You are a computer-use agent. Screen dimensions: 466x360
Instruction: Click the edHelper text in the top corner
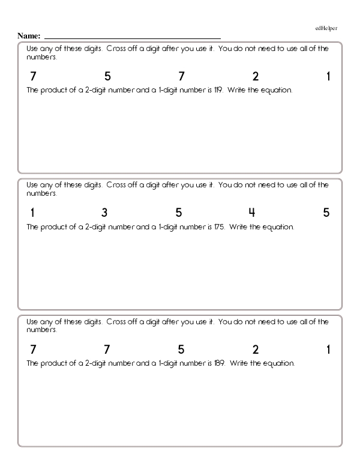pos(326,28)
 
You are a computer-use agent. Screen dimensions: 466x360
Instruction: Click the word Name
pos(28,36)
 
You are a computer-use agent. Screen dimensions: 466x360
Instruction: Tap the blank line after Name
pos(132,37)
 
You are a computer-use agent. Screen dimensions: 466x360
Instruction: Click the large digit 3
pos(104,213)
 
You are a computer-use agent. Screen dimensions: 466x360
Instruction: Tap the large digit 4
pos(252,213)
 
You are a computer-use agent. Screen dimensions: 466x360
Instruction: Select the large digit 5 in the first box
pos(107,77)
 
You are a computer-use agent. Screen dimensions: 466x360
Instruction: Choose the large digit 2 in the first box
pos(256,77)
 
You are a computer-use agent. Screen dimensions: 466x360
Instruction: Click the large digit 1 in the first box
pos(329,77)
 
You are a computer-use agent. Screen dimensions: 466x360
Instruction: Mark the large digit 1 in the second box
pos(32,213)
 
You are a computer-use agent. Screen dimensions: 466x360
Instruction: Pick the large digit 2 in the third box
pos(256,349)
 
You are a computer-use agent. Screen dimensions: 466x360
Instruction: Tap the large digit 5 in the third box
pos(181,349)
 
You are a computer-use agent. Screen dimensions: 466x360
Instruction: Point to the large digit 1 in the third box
pos(329,349)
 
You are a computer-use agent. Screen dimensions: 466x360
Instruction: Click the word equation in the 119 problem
pos(278,91)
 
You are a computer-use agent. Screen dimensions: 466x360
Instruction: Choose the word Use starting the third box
pos(32,322)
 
